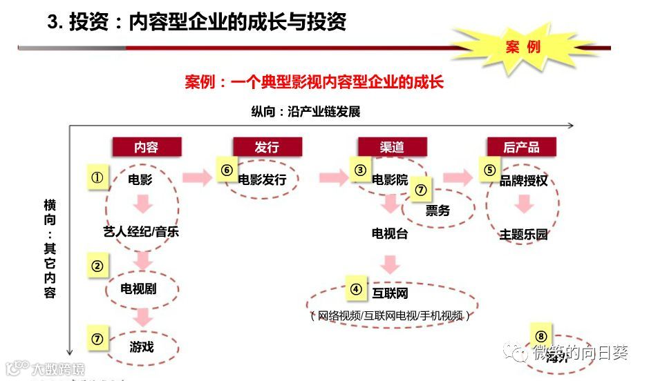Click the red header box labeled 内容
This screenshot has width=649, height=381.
[147, 147]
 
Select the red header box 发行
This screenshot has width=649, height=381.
[267, 147]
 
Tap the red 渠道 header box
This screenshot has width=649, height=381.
[392, 147]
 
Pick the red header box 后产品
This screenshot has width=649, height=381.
[521, 147]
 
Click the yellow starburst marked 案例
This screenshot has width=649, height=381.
[523, 47]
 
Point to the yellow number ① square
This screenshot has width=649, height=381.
[97, 177]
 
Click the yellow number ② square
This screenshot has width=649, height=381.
[97, 266]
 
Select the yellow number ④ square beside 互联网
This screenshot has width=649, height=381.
[356, 289]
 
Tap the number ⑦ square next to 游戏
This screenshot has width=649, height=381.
[97, 339]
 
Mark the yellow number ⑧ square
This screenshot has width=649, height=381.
[540, 337]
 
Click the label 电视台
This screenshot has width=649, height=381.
[390, 233]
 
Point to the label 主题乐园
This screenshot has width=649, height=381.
[523, 235]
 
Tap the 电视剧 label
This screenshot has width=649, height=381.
[138, 289]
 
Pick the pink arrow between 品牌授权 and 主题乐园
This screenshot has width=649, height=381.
[524, 204]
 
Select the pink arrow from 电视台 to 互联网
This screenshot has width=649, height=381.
[391, 264]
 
